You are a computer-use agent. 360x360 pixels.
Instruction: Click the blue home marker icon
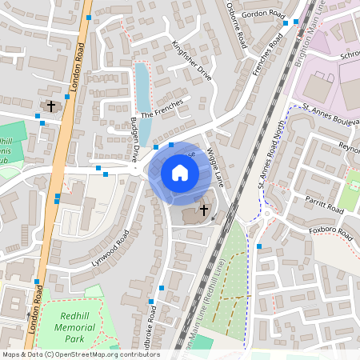point(180,173)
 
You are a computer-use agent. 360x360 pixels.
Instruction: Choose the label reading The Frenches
point(162,110)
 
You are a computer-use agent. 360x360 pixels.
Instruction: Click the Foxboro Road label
point(331,234)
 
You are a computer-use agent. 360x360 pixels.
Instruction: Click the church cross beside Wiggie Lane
point(204,210)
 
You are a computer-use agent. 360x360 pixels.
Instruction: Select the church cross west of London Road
point(51,106)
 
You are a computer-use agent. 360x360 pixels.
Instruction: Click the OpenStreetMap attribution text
point(81,354)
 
